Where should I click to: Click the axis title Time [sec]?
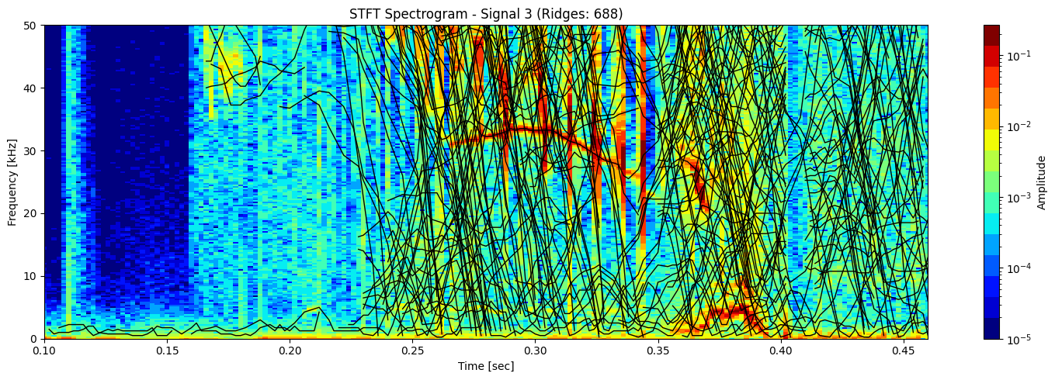[486, 366]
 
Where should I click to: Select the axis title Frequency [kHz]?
[12, 182]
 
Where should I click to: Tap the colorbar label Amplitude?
[1041, 182]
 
